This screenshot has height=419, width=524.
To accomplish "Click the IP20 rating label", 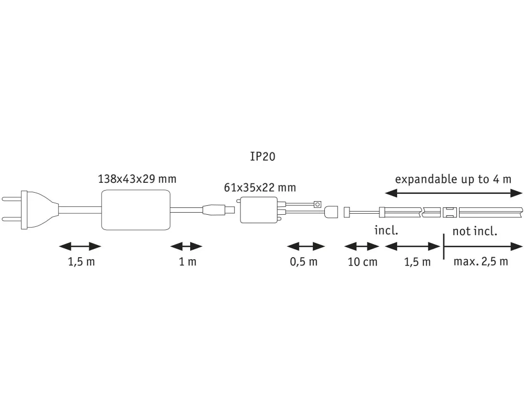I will pyautogui.click(x=263, y=156).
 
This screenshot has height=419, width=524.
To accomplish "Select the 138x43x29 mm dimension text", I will pyautogui.click(x=137, y=179).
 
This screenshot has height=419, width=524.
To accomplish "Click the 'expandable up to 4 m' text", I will pyautogui.click(x=452, y=179).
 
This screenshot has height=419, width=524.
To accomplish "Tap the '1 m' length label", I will pyautogui.click(x=188, y=262).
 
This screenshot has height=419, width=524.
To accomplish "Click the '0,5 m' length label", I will pyautogui.click(x=304, y=262).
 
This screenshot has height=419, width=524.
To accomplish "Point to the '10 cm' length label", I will pyautogui.click(x=363, y=262).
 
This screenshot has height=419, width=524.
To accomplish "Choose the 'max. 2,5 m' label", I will pyautogui.click(x=481, y=262).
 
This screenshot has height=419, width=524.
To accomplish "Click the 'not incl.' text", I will pyautogui.click(x=475, y=231).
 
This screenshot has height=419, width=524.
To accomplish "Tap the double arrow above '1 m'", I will pyautogui.click(x=186, y=246).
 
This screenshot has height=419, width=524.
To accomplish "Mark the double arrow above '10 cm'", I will pyautogui.click(x=361, y=246).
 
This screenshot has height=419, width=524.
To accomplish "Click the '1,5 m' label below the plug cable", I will pyautogui.click(x=81, y=262).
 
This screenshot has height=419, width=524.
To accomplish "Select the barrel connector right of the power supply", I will pyautogui.click(x=216, y=211).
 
